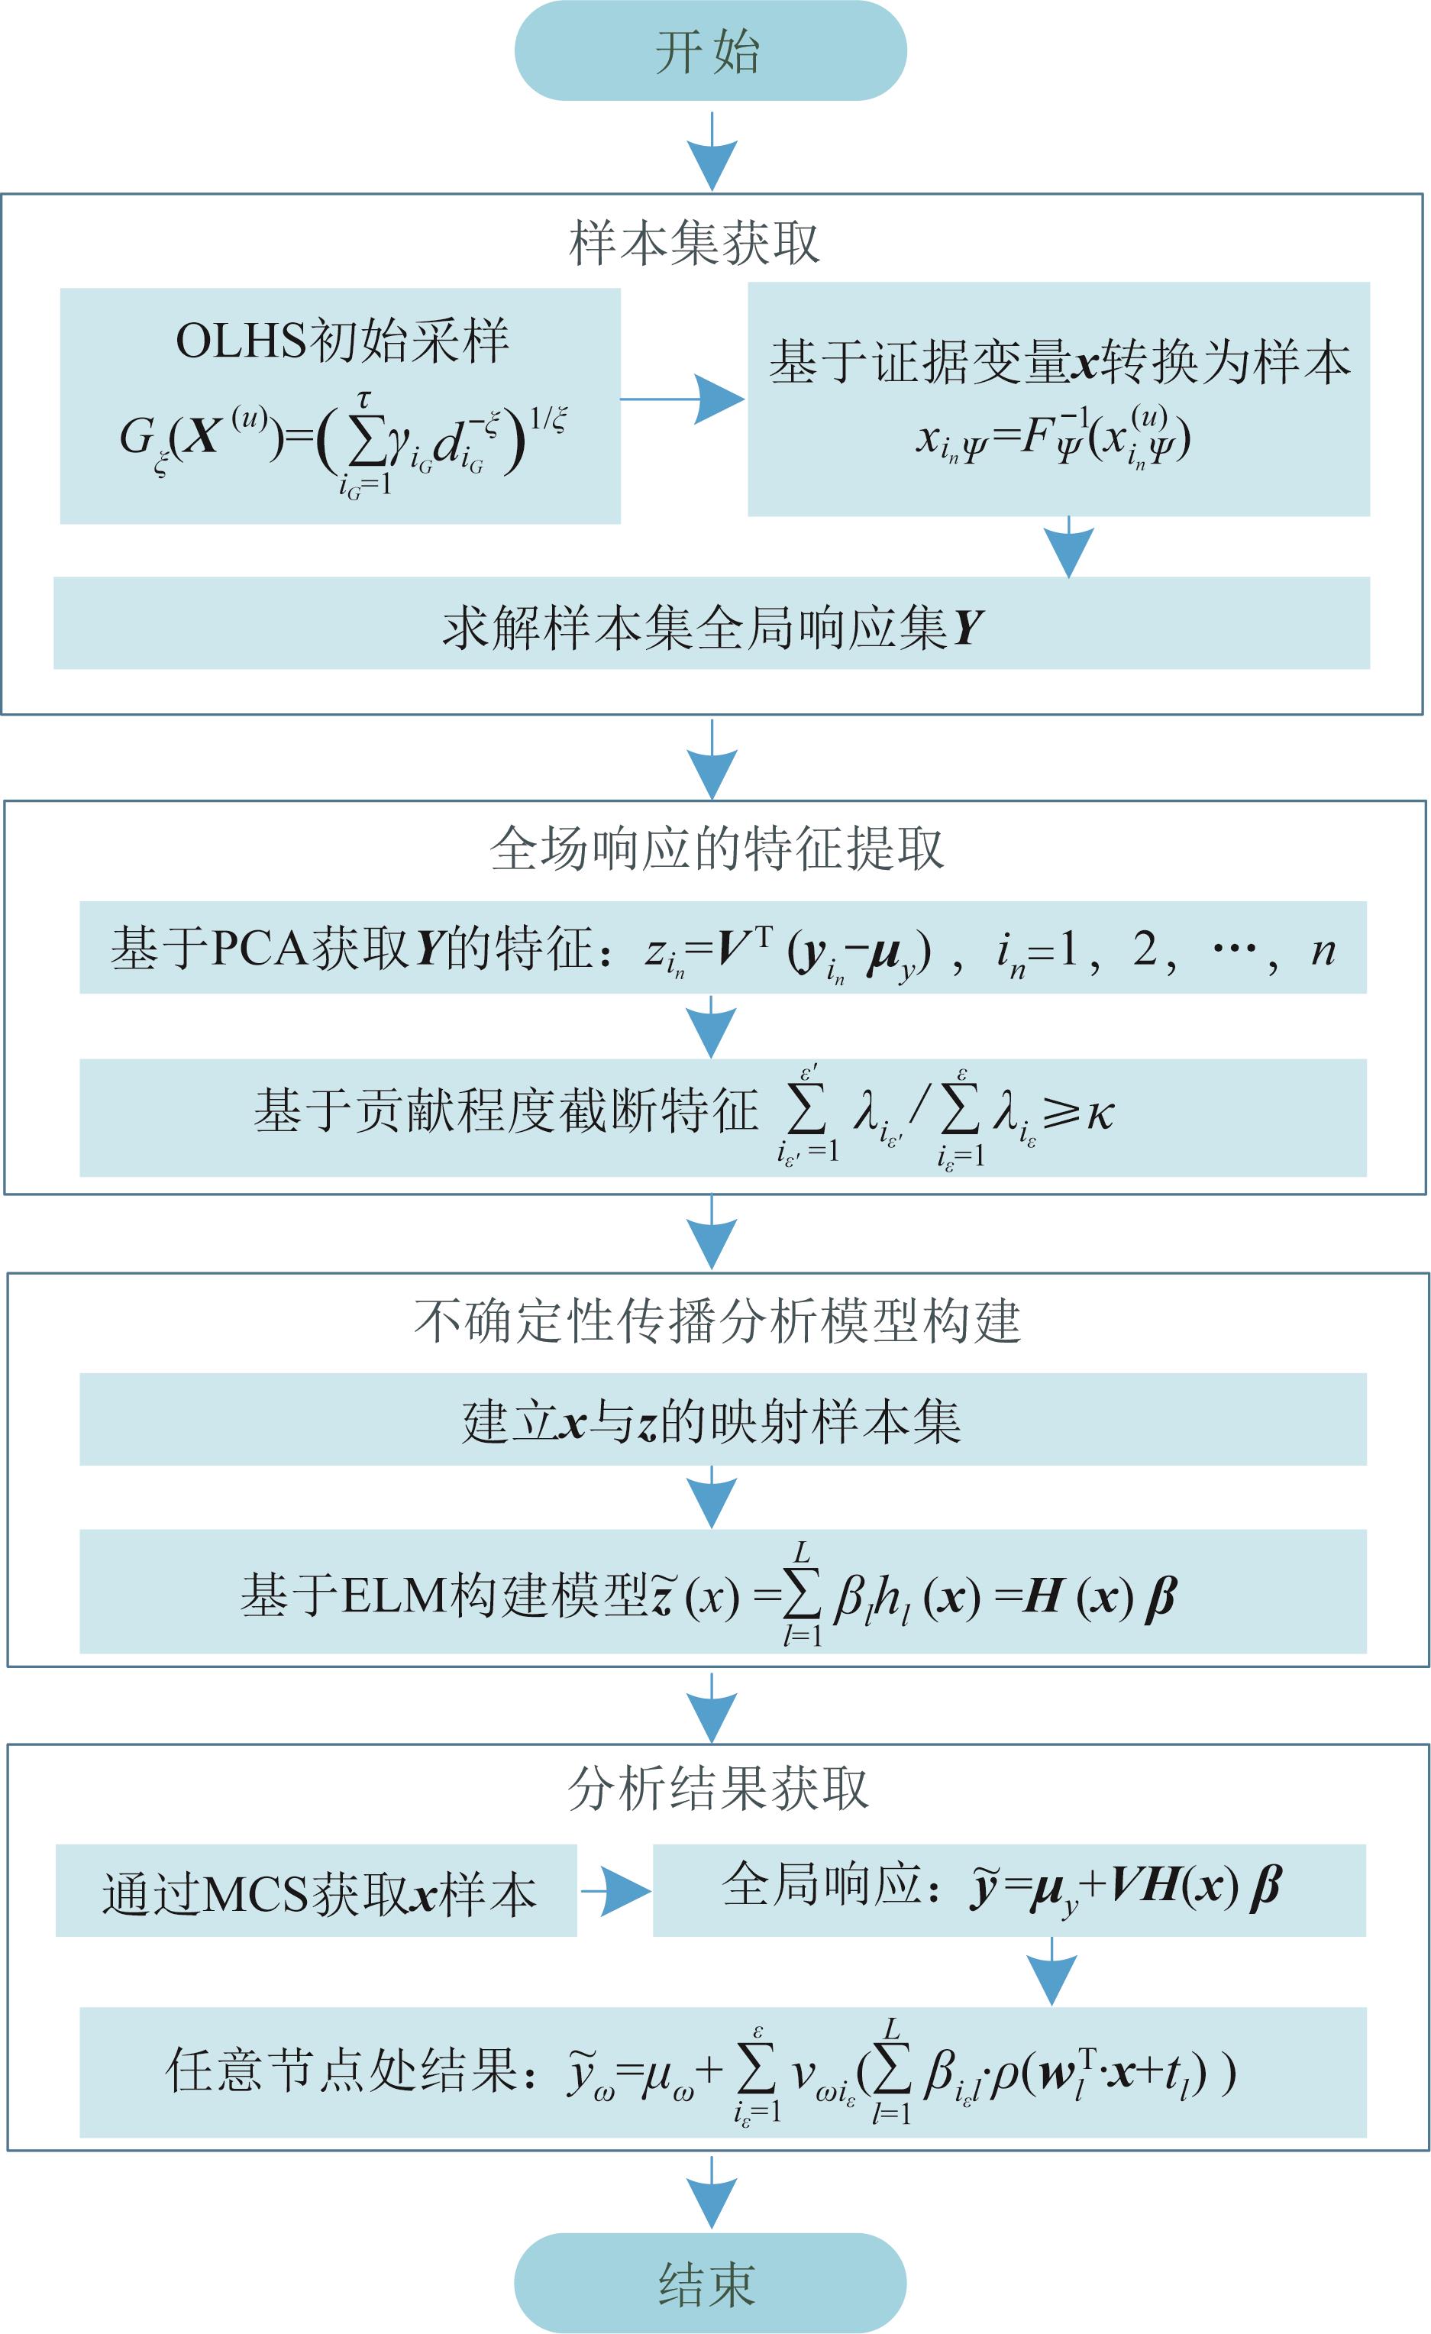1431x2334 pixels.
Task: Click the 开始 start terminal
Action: [710, 51]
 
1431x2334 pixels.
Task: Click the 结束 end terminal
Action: [710, 2283]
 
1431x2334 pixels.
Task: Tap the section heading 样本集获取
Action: [694, 244]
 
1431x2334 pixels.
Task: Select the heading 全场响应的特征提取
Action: [716, 848]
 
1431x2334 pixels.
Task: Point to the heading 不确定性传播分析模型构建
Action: [717, 1321]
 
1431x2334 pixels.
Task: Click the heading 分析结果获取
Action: [717, 1789]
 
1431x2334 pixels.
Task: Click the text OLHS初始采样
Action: [342, 341]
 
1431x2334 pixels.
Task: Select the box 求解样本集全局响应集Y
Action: [711, 627]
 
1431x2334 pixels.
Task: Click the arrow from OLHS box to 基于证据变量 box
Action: [682, 399]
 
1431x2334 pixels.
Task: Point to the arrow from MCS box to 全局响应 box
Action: [615, 1892]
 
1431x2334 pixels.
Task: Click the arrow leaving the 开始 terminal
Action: [711, 151]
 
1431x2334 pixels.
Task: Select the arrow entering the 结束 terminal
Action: [711, 2193]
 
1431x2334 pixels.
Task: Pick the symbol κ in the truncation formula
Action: [1100, 1113]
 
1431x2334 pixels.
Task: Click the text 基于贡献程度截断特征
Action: [507, 1111]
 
